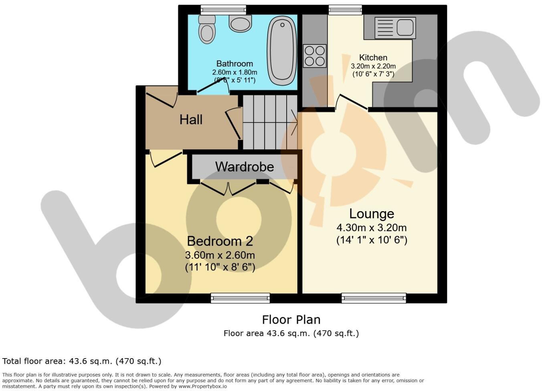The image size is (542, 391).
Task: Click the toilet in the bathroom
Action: coord(207,30)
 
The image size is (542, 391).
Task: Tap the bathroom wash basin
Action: coord(240,24)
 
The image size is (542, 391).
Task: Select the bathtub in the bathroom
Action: coord(282,50)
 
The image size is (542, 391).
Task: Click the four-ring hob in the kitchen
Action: coord(315,56)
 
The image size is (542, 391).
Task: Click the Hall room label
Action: coord(191,119)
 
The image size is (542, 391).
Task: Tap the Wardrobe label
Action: coord(245,167)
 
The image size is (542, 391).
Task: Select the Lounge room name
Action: coord(372,214)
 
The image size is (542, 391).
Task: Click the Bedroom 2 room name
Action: coord(220,241)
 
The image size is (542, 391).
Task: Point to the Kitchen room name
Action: coord(373,58)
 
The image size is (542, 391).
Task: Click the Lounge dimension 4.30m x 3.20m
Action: coord(372,228)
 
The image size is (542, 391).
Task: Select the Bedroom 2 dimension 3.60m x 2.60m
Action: coord(220,255)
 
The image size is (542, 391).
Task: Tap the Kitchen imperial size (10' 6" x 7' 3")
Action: coord(373,74)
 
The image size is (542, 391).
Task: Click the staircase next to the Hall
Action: coord(270,122)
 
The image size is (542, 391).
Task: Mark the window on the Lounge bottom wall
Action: coord(374,298)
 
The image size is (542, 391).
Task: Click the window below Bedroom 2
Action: coord(240,298)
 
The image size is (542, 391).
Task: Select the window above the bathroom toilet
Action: coord(223,9)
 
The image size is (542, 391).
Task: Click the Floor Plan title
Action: coord(291,320)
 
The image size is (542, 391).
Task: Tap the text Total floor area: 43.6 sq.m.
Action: coord(82,361)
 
